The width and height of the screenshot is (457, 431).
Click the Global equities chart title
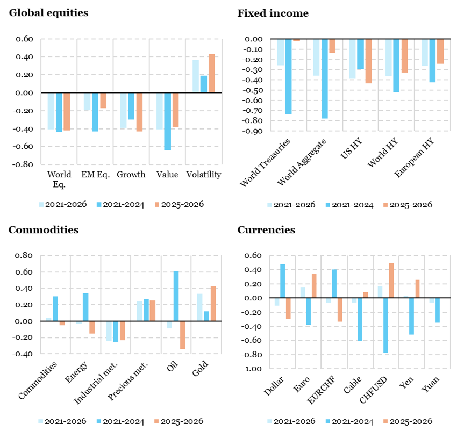pyautogui.click(x=48, y=13)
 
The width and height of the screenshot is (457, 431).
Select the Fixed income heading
pyautogui.click(x=273, y=13)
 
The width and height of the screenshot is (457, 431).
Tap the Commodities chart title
pyautogui.click(x=44, y=230)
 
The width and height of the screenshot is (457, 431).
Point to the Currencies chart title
pyautogui.click(x=266, y=230)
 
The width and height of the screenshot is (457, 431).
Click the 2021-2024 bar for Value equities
pyautogui.click(x=167, y=121)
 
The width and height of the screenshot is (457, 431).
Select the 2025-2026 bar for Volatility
pyautogui.click(x=211, y=73)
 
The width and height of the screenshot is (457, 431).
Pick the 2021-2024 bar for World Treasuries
pyautogui.click(x=289, y=77)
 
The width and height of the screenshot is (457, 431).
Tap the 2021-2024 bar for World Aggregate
pyautogui.click(x=324, y=79)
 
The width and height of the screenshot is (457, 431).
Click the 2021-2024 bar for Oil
pyautogui.click(x=176, y=296)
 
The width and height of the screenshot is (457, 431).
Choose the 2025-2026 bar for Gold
pyautogui.click(x=212, y=304)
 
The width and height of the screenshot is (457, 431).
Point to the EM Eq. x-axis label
pyautogui.click(x=95, y=174)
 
